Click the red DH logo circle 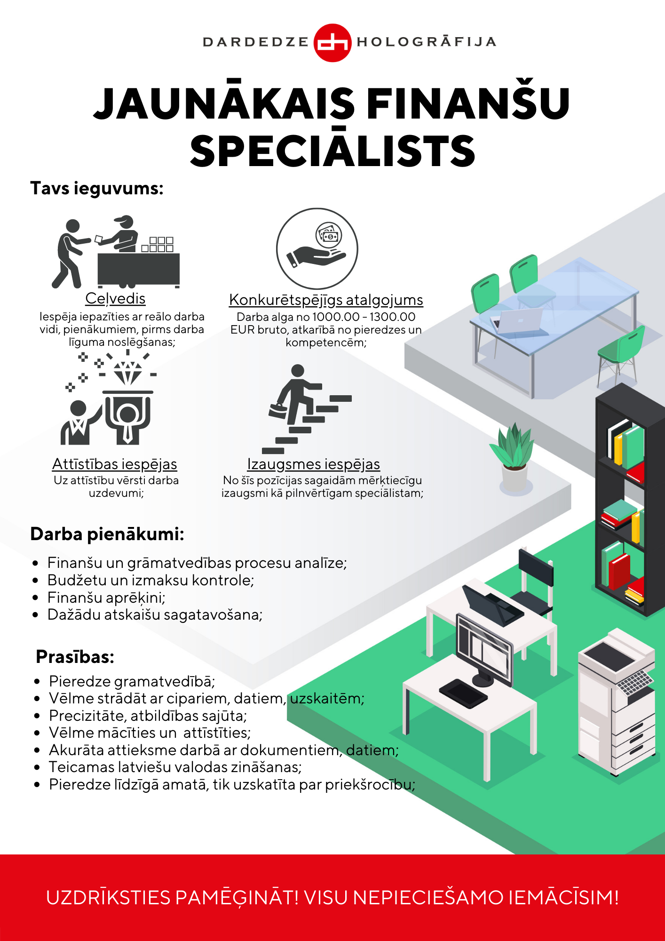tap(332, 42)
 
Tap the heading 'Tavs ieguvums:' tap(97, 188)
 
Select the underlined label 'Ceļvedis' tap(115, 298)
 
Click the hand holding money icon tap(317, 248)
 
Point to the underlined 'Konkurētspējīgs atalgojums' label tap(326, 300)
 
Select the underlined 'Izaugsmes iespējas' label tap(314, 464)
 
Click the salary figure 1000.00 tap(336, 317)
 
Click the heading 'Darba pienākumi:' tap(107, 534)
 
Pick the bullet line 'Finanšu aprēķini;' tap(106, 598)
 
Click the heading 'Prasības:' tap(75, 656)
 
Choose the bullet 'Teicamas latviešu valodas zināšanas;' tap(175, 767)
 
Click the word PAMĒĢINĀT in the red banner tap(237, 897)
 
